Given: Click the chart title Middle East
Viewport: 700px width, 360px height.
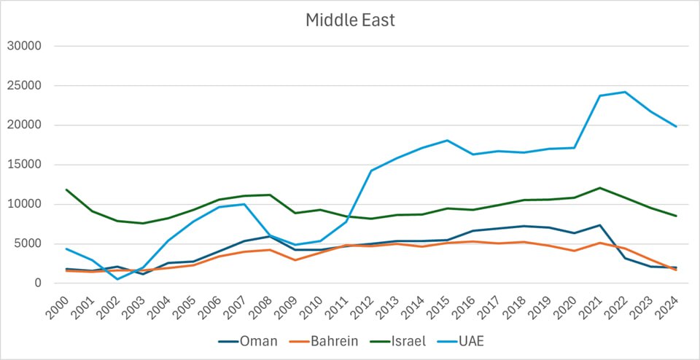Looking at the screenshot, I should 350,20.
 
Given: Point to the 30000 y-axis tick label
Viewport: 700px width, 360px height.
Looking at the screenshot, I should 24,46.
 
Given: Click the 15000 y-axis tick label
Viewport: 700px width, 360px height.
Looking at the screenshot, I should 24,165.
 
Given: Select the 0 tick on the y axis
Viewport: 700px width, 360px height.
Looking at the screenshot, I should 38,283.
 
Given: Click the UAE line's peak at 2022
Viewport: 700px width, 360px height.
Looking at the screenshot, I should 625,92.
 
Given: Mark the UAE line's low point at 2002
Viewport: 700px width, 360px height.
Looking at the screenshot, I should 117,279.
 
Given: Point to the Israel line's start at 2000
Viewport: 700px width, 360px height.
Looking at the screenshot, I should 66,189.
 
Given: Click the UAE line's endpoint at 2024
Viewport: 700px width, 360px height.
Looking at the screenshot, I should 676,127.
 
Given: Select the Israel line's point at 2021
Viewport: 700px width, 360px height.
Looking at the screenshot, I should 599,188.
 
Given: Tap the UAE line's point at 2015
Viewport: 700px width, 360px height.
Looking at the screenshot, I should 447,140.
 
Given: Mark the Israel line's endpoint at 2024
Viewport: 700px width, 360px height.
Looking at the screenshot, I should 676,216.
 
